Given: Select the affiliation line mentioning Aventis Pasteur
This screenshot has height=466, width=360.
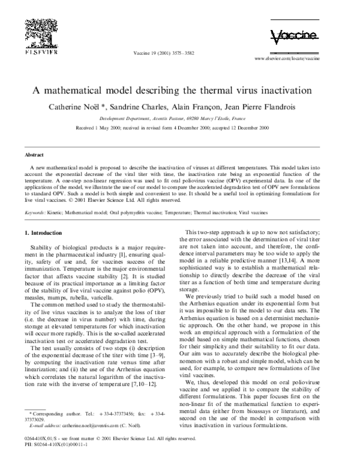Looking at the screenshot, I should click(x=180, y=119).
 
